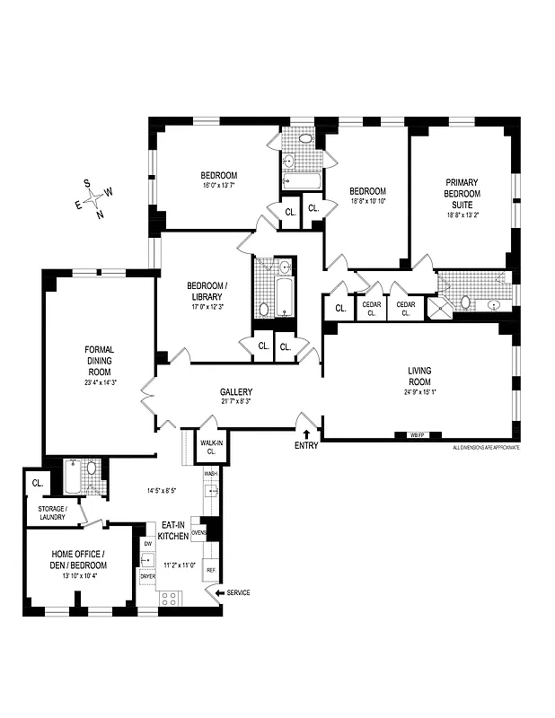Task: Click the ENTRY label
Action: (x=306, y=446)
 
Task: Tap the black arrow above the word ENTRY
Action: (x=306, y=433)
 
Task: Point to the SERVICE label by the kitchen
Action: (x=238, y=593)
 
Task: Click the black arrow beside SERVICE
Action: (x=216, y=593)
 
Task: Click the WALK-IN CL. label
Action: (x=210, y=446)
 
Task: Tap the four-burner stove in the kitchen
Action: (x=168, y=598)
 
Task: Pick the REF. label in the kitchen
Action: (x=210, y=570)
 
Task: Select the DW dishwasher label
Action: (x=148, y=544)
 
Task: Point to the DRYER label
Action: (x=148, y=577)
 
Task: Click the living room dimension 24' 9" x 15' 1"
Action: (x=420, y=390)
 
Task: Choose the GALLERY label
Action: (x=236, y=392)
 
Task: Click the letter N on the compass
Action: (x=100, y=215)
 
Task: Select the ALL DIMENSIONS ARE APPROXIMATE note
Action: (x=486, y=447)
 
